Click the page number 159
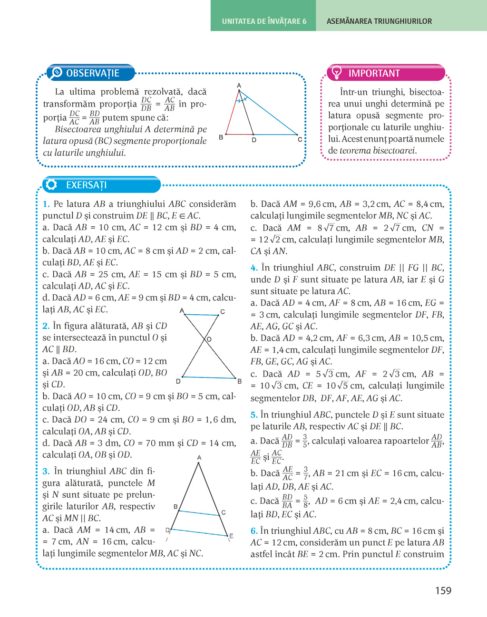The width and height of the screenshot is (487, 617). click(x=443, y=590)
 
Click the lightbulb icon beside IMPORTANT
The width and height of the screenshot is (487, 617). click(x=337, y=73)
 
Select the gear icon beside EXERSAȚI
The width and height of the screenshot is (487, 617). click(x=51, y=185)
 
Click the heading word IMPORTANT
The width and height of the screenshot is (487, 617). click(x=374, y=73)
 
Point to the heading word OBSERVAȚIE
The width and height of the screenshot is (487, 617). click(x=93, y=73)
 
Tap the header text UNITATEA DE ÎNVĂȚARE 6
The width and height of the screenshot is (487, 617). click(x=264, y=21)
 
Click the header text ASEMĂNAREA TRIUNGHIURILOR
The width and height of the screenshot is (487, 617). click(x=379, y=21)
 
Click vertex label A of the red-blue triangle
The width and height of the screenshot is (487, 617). click(x=239, y=86)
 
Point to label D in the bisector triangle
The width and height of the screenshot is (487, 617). click(x=254, y=140)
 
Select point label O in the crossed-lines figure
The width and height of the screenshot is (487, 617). click(x=209, y=339)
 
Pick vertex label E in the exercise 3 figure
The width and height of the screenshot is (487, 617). click(x=231, y=536)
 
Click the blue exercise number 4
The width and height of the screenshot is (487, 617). click(x=254, y=268)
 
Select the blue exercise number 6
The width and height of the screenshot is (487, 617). click(x=254, y=531)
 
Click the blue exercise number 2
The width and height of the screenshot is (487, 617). click(x=46, y=326)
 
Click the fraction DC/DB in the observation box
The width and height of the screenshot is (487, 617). click(x=146, y=104)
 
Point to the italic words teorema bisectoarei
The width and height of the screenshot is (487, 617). click(x=378, y=151)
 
